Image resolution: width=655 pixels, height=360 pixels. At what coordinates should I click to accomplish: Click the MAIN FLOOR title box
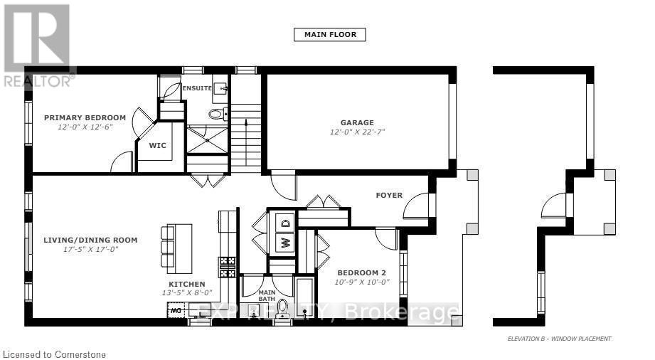pos(330,34)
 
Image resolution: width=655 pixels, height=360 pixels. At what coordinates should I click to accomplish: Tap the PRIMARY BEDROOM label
pos(85,117)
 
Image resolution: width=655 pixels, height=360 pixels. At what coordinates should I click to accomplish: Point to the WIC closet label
pos(157,145)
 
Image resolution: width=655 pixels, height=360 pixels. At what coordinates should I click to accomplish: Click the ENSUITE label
pos(197,88)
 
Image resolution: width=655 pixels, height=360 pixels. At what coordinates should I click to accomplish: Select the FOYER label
pos(389,195)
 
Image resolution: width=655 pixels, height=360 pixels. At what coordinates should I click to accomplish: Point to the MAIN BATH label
pos(267,295)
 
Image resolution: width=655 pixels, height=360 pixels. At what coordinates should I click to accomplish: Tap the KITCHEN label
pos(188,283)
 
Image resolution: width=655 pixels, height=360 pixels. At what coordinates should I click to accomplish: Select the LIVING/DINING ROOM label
pos(90,240)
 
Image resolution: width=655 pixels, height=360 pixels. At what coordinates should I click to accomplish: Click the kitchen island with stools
pos(179,248)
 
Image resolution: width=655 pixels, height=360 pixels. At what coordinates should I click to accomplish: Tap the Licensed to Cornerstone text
pos(55,353)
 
